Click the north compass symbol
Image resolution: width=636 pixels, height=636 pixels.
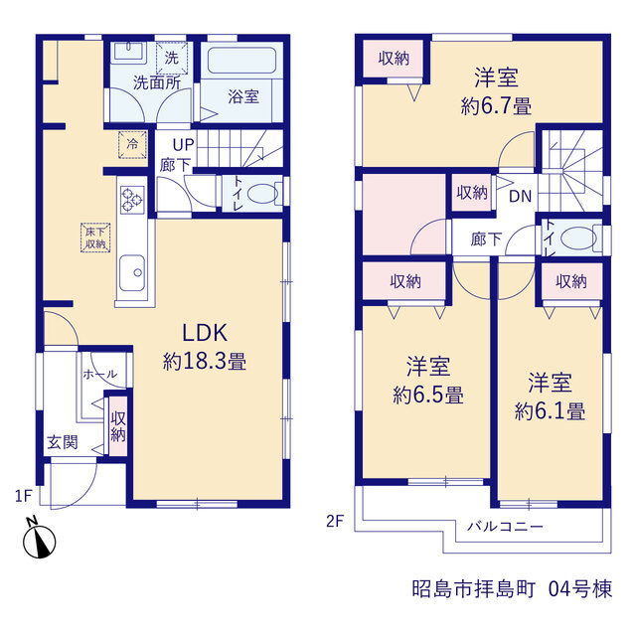(x=40, y=539)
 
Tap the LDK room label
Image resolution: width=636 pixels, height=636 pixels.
(x=205, y=333)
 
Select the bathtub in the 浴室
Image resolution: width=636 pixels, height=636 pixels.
(x=242, y=61)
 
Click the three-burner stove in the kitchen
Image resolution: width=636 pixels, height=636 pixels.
(x=132, y=200)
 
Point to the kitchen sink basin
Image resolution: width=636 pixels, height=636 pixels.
(x=132, y=272)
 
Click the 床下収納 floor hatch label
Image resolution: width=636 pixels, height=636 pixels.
(x=95, y=238)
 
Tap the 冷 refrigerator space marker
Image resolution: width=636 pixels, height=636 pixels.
(x=132, y=144)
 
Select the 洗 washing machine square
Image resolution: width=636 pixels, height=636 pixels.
(x=172, y=58)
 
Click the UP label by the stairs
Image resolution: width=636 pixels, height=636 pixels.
(x=183, y=145)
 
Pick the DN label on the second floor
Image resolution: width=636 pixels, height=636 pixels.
(x=520, y=197)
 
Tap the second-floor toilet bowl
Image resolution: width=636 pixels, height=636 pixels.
(x=578, y=238)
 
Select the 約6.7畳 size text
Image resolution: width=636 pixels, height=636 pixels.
(x=496, y=106)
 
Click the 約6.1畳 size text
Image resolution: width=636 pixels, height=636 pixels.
(x=550, y=411)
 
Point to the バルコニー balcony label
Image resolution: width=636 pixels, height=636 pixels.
(x=505, y=527)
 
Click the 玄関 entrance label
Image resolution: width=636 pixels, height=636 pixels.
(x=63, y=442)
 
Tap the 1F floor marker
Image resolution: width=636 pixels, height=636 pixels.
(x=23, y=496)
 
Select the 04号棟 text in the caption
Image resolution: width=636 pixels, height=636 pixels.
(x=580, y=589)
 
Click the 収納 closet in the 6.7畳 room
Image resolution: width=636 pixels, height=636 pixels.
(x=394, y=59)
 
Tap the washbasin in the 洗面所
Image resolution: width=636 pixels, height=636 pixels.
(x=129, y=52)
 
